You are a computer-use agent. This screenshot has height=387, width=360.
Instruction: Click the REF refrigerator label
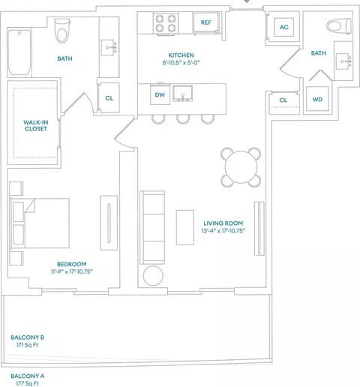(205, 22)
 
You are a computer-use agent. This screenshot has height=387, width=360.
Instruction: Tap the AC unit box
(283, 27)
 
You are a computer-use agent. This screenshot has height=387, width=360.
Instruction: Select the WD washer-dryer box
(317, 99)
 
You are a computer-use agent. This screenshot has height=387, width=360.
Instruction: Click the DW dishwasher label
(160, 95)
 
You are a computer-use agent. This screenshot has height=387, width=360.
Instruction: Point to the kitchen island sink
(183, 94)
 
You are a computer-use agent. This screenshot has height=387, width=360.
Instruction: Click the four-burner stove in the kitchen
(166, 24)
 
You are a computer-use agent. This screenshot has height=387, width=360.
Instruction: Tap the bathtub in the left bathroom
(19, 52)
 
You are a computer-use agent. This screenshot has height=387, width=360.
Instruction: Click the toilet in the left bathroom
(61, 31)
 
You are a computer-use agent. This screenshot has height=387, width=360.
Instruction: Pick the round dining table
(241, 167)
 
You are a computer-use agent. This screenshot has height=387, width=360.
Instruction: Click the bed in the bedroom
(39, 223)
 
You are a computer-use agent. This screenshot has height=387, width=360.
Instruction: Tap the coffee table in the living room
(185, 227)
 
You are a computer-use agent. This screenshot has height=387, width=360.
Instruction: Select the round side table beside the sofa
(153, 275)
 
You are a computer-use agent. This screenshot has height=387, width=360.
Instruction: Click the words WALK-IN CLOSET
(36, 125)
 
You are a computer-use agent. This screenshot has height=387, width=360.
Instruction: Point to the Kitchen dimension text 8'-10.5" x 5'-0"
(181, 62)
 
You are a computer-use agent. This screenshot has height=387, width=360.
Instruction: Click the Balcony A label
(28, 376)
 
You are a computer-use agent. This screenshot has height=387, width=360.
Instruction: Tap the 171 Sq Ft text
(28, 345)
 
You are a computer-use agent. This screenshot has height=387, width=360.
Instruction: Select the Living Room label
(223, 223)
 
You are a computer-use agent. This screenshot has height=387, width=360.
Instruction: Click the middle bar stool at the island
(183, 119)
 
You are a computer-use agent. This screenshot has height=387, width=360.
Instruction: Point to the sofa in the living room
(152, 227)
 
